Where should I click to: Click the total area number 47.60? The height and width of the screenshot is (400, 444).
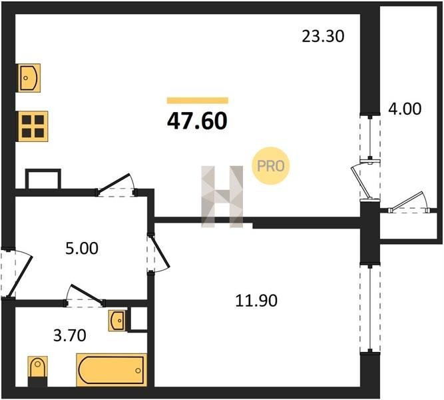click(x=197, y=121)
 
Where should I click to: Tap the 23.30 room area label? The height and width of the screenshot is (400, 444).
click(x=323, y=36)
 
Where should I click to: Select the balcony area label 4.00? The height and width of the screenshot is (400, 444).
click(x=405, y=109)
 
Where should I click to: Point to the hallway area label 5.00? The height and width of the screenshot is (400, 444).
click(x=82, y=248)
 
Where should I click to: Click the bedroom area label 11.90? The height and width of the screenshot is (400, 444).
click(x=256, y=301)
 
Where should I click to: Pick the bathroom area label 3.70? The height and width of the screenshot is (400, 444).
click(x=70, y=335)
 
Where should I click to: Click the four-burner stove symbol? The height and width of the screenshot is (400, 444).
click(x=33, y=126)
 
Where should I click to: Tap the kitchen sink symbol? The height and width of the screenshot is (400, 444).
click(x=29, y=78)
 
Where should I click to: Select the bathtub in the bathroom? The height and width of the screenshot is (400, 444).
click(x=112, y=370)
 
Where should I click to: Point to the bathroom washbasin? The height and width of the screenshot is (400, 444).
click(x=117, y=321)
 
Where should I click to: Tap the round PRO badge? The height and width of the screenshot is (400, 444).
click(x=271, y=166)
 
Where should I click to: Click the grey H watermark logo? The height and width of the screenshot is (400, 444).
click(x=222, y=197)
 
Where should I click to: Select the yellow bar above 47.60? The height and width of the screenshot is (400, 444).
click(x=197, y=101)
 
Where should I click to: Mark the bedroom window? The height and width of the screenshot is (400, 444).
click(x=370, y=309)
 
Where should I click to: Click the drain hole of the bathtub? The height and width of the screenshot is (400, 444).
click(x=138, y=370)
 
